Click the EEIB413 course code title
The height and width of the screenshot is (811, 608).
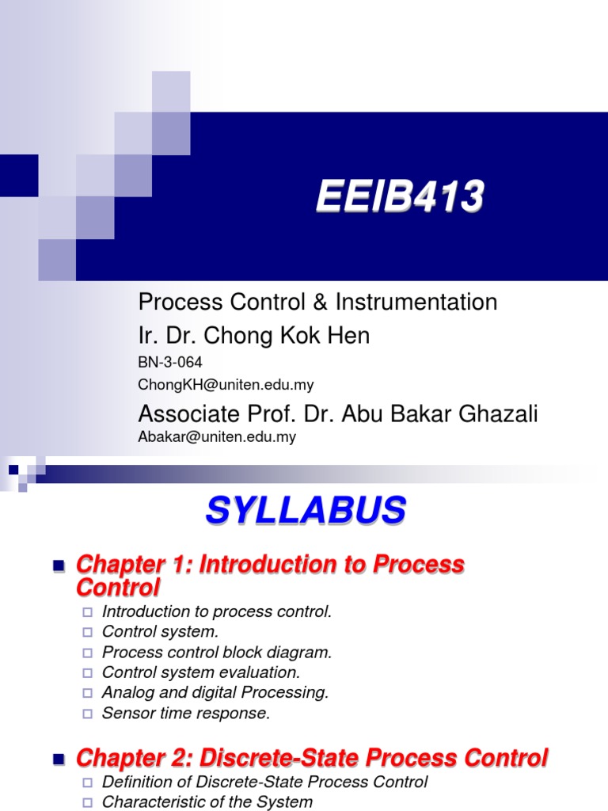pos(400,197)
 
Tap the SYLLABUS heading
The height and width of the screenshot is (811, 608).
pos(306,511)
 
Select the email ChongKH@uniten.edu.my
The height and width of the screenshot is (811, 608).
pos(226,385)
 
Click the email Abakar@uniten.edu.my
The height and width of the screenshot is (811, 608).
pos(217,436)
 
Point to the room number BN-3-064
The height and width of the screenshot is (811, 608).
pos(170,363)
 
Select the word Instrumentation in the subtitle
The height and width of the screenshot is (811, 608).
pos(416,302)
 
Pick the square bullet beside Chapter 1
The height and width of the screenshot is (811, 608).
pos(57,565)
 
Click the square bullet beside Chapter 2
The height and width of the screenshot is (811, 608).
pos(57,759)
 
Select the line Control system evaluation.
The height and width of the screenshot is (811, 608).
pos(201,672)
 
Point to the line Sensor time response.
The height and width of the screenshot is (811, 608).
pos(186,714)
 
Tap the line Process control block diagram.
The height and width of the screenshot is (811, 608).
pos(217,653)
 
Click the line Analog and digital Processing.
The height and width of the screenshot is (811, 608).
pos(215,693)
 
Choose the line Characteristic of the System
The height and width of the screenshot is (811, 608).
pos(207,801)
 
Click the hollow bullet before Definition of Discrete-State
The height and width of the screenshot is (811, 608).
pos(87,782)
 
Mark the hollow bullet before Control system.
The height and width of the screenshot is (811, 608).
pos(87,632)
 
